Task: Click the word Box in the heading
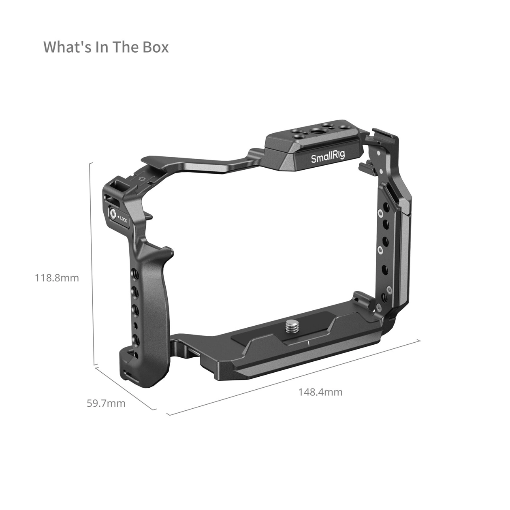pyautogui.click(x=156, y=47)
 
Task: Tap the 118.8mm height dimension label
pyautogui.click(x=57, y=278)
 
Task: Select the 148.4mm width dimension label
pyautogui.click(x=320, y=392)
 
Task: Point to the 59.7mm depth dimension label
pyautogui.click(x=106, y=403)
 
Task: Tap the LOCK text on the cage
pyautogui.click(x=123, y=219)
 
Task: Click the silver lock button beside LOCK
pyautogui.click(x=112, y=213)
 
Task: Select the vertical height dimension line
pyautogui.click(x=92, y=264)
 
